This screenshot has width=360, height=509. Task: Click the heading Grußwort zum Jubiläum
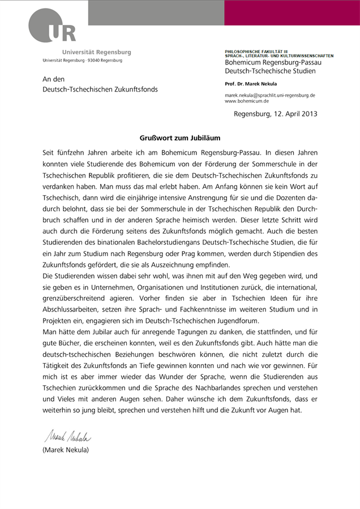[x=179, y=137]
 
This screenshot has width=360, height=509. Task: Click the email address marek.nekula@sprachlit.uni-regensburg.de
[x=270, y=96]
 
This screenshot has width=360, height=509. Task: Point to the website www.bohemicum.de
[x=247, y=101]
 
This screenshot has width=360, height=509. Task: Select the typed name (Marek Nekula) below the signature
[x=66, y=450]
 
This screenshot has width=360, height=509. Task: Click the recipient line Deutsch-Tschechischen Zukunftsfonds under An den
[x=100, y=89]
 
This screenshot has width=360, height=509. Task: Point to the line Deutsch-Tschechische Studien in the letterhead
[x=271, y=71]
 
